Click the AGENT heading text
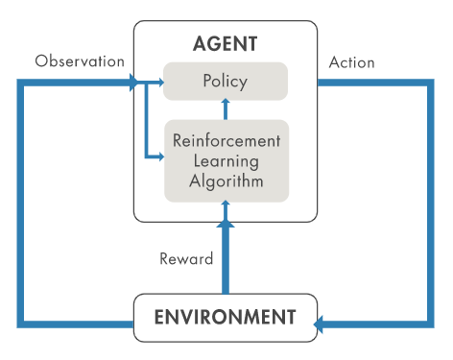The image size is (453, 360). coord(226,44)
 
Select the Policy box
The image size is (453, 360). coord(226,81)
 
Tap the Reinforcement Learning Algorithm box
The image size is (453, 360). coord(226,159)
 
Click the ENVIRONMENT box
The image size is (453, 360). coord(225,317)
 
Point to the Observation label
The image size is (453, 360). coord(80,61)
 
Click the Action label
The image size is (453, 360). coord(351,62)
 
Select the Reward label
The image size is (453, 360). coord(185,258)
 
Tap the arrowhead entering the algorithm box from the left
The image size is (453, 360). coord(158,156)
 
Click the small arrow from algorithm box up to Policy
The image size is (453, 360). coord(226,109)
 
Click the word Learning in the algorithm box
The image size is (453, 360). coord(226,159)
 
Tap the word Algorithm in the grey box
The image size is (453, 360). coord(226,179)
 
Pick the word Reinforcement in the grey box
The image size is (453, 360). coord(226,140)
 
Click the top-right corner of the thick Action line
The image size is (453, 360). coord(430,83)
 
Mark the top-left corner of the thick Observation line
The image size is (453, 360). coord(21,83)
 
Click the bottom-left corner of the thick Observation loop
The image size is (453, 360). coord(21,324)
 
